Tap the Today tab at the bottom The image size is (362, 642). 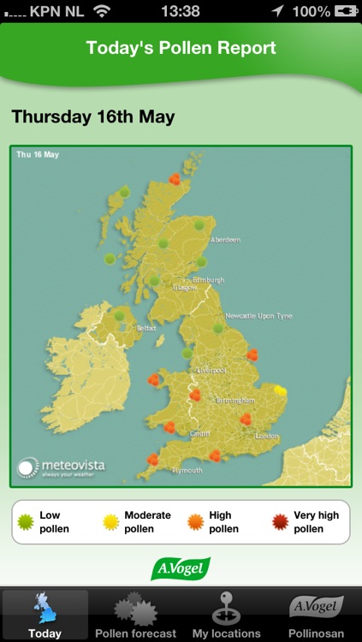(x=45, y=615)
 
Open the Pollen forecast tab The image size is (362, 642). (x=135, y=615)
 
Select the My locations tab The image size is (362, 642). (x=226, y=615)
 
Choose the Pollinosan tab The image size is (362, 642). (x=317, y=615)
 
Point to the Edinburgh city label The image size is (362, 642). (x=209, y=280)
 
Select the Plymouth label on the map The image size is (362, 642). (x=187, y=470)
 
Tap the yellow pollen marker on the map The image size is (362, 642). (x=280, y=394)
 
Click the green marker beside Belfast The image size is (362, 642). (x=118, y=316)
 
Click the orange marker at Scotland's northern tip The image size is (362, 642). (x=175, y=179)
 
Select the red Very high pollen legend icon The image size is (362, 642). (x=279, y=522)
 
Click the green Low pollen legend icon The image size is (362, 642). (x=26, y=522)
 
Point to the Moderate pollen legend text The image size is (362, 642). (x=148, y=522)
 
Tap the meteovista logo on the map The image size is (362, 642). (x=62, y=467)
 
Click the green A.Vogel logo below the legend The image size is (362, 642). (x=181, y=568)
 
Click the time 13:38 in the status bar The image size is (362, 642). (x=180, y=11)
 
